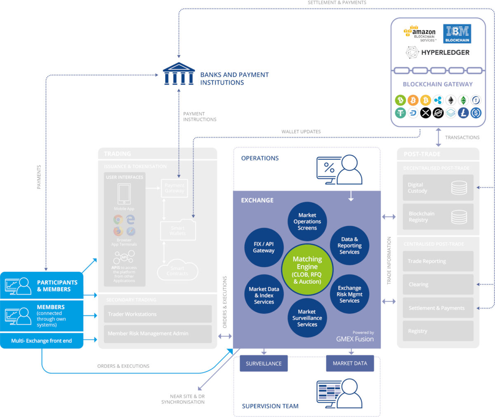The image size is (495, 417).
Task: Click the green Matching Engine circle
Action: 307,270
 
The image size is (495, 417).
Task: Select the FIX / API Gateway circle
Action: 264,247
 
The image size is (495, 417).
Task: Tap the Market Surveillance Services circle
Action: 307,318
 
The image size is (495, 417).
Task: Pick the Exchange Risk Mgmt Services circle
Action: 349,294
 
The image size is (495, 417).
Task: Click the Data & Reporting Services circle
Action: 349,245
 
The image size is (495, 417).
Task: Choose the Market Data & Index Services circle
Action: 264,295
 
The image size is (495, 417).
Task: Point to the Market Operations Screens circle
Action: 307,221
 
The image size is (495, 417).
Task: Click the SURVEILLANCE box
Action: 264,363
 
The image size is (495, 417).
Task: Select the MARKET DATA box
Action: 350,363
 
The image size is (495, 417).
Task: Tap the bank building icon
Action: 179,74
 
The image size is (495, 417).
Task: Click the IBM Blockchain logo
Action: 457,34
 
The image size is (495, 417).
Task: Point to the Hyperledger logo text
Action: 445,52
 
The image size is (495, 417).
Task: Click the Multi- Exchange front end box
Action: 42,341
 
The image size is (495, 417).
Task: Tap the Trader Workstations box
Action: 158,314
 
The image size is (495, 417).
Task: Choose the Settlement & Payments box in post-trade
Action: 438,308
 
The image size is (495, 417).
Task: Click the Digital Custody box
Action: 438,188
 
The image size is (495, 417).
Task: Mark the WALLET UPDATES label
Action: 301,132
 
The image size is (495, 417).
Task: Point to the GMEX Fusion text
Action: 355,339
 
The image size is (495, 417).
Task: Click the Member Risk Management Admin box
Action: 158,333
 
